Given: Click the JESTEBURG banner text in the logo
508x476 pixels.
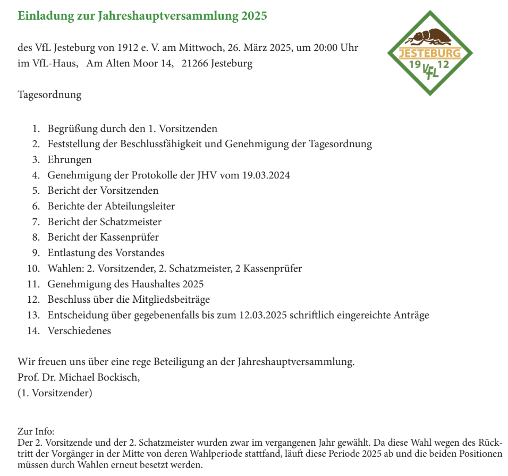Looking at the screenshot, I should pos(430,54).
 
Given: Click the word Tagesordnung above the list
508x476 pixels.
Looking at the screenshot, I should pos(49,95).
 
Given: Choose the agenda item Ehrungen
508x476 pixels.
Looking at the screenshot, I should pos(70,159).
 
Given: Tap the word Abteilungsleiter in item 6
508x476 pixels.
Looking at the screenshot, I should pos(138,206).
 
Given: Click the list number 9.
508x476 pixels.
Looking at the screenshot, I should pos(36,253).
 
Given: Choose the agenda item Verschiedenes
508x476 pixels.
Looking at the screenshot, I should pos(79,330).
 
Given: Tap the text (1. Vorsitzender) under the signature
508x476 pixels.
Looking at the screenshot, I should pos(55,393).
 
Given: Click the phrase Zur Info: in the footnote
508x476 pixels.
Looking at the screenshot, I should pos(36,431).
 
